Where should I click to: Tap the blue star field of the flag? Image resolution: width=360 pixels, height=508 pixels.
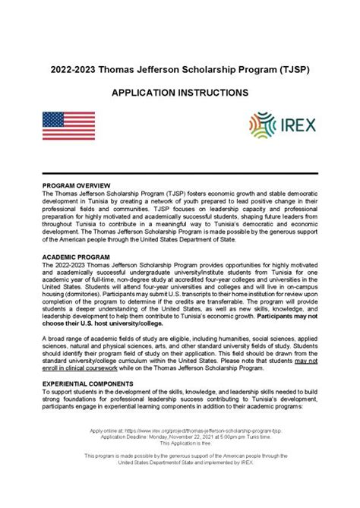(54, 120)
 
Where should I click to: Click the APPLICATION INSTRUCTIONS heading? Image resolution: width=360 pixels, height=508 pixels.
(180, 92)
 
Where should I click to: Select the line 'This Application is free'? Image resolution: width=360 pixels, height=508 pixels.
(180, 443)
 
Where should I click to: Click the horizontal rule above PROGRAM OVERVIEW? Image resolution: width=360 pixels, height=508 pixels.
(180, 173)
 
